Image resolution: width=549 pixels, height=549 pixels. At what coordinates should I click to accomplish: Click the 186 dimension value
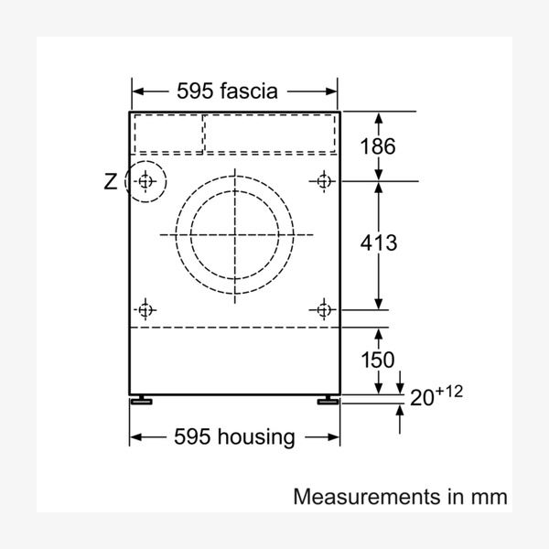(378, 146)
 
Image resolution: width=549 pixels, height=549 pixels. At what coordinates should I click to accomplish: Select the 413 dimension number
(379, 242)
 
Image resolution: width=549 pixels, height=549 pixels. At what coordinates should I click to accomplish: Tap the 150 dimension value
(378, 360)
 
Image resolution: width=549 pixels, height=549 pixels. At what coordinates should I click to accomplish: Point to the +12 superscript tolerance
(449, 392)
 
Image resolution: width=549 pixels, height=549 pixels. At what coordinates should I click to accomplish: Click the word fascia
(249, 91)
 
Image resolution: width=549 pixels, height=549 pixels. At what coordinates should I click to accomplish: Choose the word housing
(256, 437)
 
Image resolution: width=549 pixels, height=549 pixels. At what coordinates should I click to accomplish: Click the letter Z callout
(111, 182)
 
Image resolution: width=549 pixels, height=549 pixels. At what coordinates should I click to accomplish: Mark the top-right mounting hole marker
(323, 181)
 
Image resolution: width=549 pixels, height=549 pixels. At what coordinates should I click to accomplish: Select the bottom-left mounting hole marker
(145, 310)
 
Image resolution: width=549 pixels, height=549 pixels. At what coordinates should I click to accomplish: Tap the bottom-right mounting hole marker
(324, 310)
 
